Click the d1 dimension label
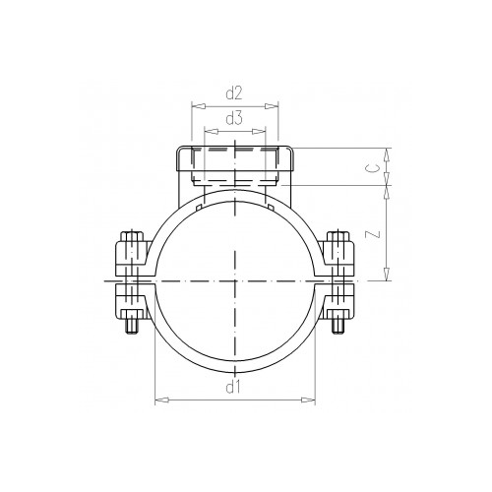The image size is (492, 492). point(234,388)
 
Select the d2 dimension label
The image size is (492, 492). point(234,93)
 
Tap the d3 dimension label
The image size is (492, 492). point(234,119)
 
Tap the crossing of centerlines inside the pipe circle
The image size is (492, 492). point(235,281)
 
